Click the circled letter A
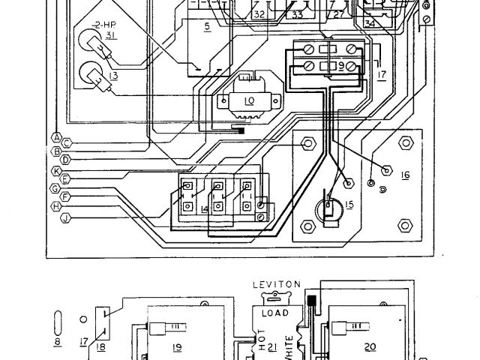point(56,136)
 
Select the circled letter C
point(67,142)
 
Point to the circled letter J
point(67,218)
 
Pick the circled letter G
point(56,187)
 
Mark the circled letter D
point(67,160)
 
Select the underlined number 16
point(404,175)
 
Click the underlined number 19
point(178,347)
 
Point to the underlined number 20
point(370,346)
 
